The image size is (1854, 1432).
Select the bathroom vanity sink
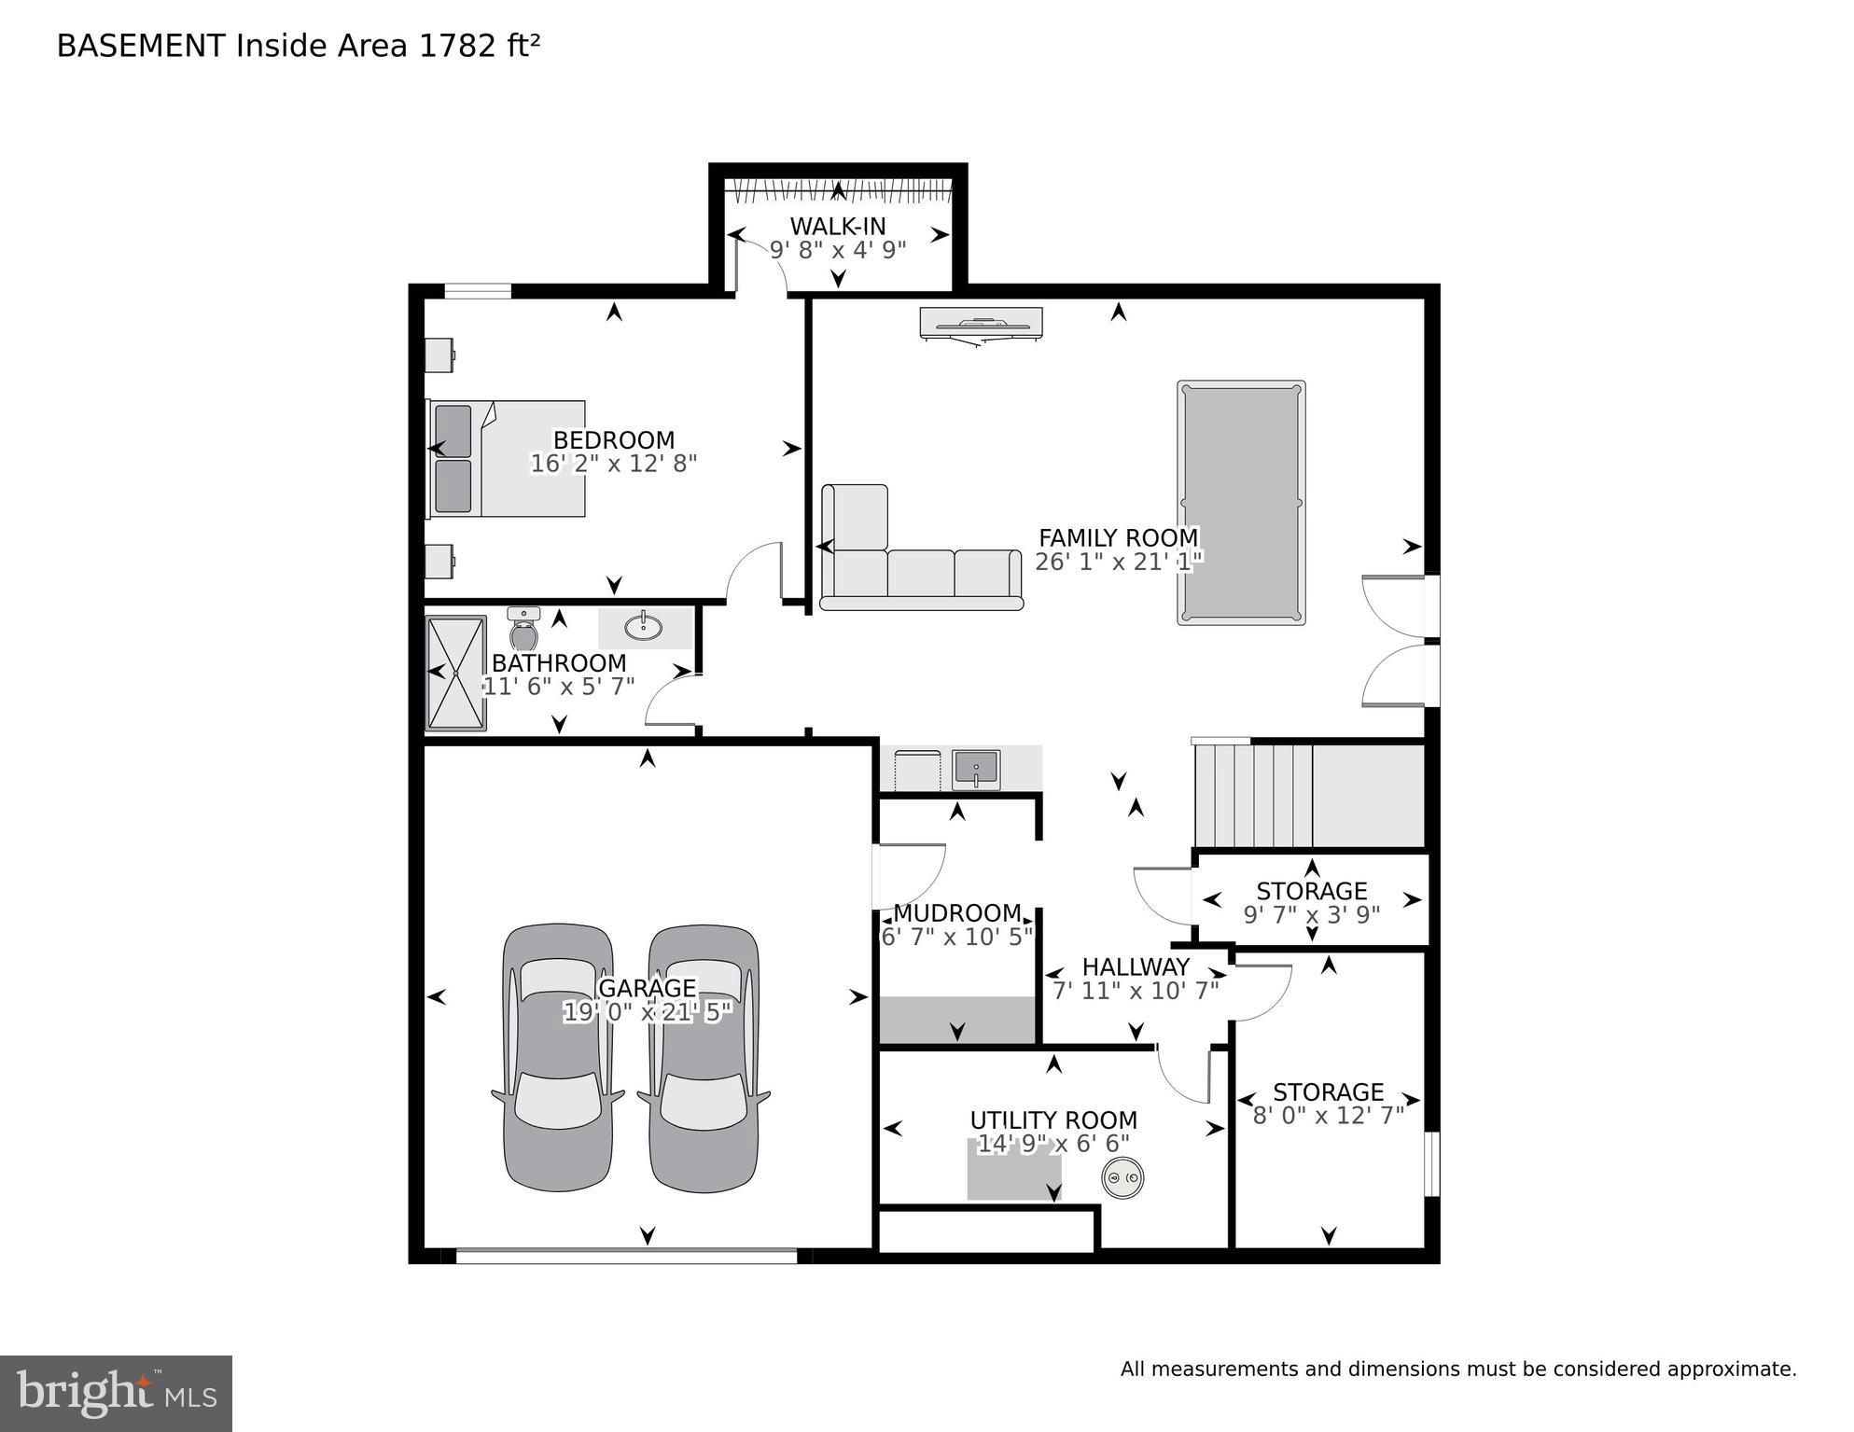[643, 626]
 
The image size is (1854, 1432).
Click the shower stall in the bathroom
[456, 673]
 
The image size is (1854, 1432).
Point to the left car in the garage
[558, 1058]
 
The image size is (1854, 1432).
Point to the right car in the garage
[704, 1058]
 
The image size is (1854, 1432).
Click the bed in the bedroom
[507, 459]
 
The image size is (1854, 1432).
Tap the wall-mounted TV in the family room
[981, 324]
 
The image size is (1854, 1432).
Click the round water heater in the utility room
[1122, 1178]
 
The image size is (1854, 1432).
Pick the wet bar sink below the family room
[976, 770]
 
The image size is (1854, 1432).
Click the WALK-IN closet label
[837, 226]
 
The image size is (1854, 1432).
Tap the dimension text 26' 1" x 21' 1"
[1118, 562]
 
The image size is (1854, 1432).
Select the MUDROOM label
[957, 912]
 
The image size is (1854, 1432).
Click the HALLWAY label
[1136, 966]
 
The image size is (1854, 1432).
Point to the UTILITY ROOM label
[1052, 1119]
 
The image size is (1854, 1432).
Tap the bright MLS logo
[116, 1394]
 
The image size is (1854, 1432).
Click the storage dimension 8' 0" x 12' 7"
[1328, 1116]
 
